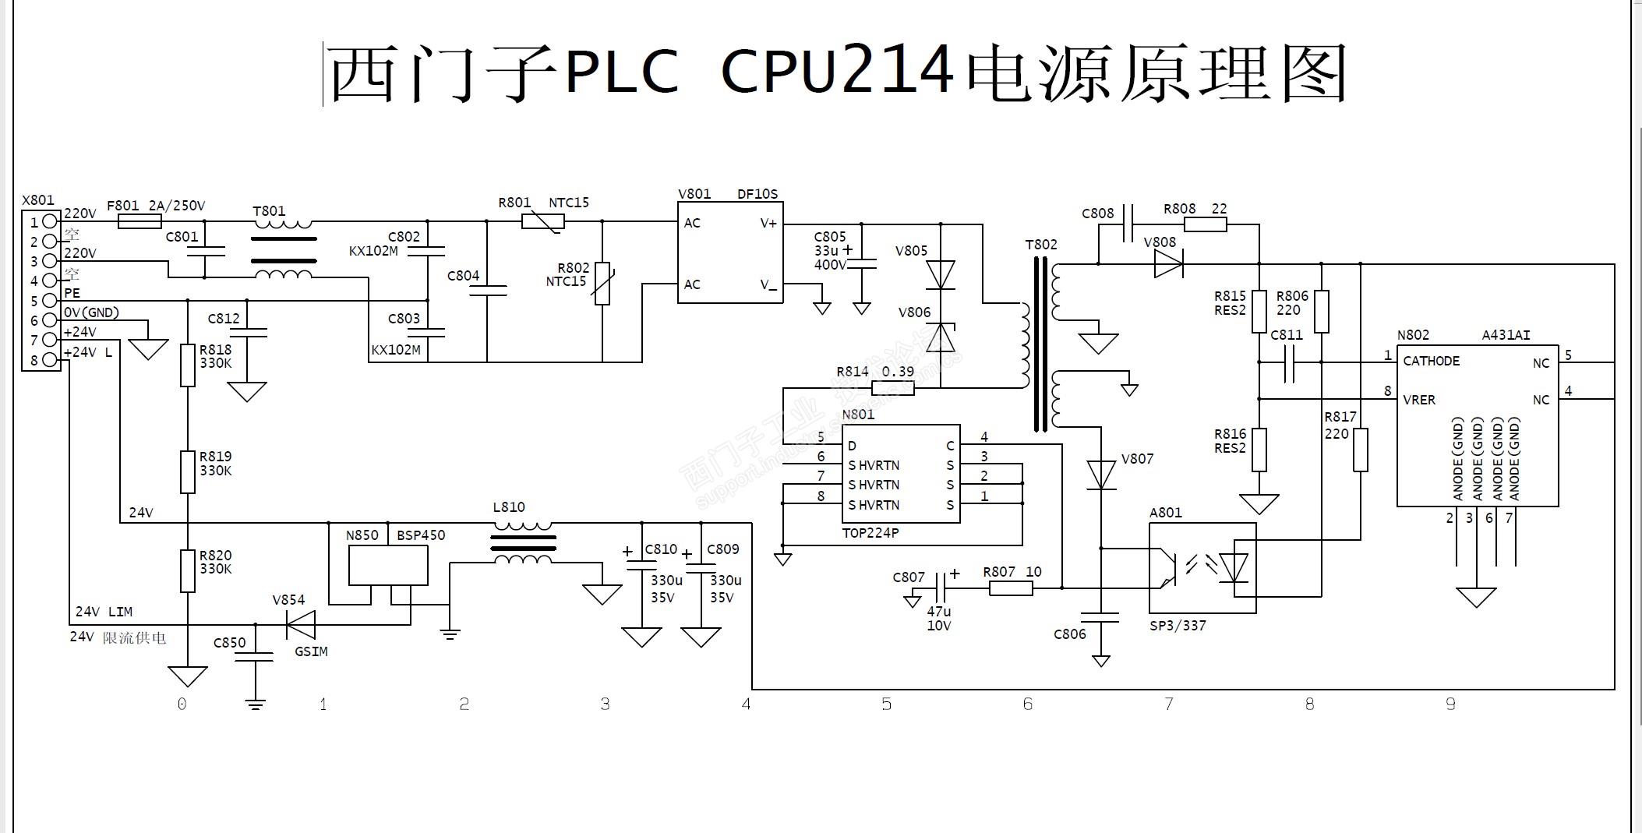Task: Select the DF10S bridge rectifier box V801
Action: click(x=730, y=252)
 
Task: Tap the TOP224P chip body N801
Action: click(x=901, y=474)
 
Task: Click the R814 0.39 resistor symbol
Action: click(x=893, y=388)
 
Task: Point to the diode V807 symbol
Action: click(x=1101, y=474)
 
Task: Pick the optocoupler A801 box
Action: click(x=1202, y=567)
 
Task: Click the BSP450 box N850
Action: click(x=387, y=564)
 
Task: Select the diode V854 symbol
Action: click(x=301, y=624)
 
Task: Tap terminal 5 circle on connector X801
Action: click(x=50, y=301)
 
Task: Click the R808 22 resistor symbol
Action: click(x=1205, y=225)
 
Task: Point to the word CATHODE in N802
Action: click(x=1431, y=361)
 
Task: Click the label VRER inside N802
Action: click(x=1418, y=400)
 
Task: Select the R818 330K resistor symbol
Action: click(x=188, y=365)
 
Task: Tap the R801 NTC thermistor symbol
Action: click(x=543, y=221)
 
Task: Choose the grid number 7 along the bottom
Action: click(x=1168, y=704)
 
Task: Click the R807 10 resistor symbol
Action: click(x=1011, y=588)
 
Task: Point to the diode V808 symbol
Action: click(x=1168, y=265)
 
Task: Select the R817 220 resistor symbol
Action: click(x=1360, y=450)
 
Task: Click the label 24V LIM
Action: click(x=103, y=612)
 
